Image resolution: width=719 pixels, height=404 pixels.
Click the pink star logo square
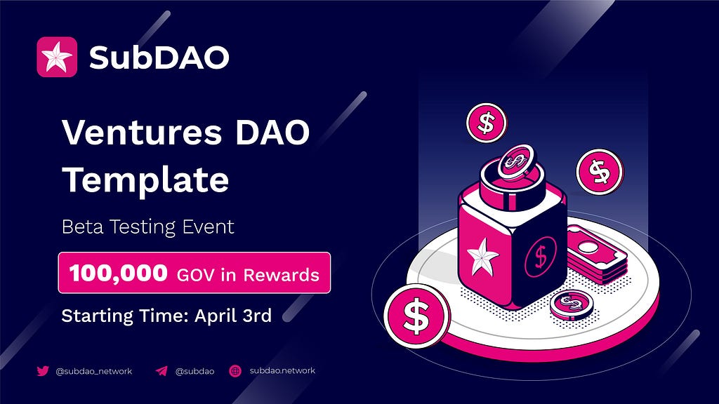point(57,57)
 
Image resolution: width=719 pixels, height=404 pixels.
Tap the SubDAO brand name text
point(159,58)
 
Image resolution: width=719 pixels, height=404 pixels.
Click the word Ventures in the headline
point(142,133)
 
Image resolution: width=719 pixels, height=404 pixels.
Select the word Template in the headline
point(145,180)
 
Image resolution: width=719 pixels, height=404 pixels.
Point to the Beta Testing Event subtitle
point(147,227)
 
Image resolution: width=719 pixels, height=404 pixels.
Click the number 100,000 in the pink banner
point(118,273)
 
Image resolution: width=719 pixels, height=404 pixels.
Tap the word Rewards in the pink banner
point(281,275)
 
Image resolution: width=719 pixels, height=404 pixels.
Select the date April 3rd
point(233,316)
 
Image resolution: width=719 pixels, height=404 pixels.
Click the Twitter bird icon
point(43,370)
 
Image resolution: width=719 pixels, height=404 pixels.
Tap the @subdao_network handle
point(93,371)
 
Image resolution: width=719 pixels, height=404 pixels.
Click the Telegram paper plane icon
point(161,370)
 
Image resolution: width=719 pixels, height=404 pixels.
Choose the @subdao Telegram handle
point(195,371)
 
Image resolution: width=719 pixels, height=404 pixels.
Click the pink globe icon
point(235,370)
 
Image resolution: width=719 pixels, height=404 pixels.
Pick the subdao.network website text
point(282,370)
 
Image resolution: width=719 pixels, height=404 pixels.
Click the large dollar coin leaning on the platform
point(417,316)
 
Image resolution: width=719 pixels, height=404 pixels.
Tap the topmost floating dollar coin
point(487,123)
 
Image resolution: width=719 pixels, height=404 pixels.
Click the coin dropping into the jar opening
point(516,162)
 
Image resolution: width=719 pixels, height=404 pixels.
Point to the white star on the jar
point(482,257)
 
